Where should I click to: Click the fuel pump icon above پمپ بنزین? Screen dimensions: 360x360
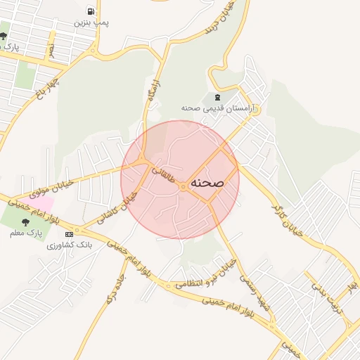91,11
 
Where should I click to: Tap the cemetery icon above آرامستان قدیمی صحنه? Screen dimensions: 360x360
216,97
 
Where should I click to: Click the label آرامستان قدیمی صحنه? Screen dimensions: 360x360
221,109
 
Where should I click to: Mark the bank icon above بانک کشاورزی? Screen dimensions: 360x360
69,233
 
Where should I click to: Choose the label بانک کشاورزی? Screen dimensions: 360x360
70,245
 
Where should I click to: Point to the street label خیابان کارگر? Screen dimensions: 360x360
290,216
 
